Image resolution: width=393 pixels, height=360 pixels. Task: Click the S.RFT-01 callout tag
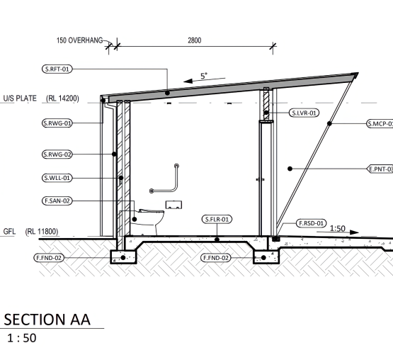point(57,69)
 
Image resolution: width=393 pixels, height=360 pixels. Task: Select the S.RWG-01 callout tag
point(57,123)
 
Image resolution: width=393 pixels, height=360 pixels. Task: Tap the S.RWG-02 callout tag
point(57,154)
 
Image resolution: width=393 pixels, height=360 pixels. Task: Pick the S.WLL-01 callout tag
point(57,178)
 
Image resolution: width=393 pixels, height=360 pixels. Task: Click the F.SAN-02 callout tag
point(57,201)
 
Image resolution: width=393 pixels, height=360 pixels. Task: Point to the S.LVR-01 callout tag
point(304,113)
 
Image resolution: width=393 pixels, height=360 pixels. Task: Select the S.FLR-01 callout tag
point(217,219)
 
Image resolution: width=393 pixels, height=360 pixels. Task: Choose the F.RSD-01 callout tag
point(312,223)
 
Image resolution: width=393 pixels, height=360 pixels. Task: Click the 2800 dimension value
point(195,40)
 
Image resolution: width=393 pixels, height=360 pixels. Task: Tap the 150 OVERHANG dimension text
point(80,40)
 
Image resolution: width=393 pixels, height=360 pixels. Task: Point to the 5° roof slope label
point(204,76)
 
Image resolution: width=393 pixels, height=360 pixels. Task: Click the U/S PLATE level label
point(20,99)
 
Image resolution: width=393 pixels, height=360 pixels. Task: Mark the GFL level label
point(9,231)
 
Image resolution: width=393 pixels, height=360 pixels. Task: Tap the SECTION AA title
point(47,320)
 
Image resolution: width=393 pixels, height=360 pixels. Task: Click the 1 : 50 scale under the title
point(22,338)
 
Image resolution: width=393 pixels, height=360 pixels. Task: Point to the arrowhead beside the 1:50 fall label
point(354,232)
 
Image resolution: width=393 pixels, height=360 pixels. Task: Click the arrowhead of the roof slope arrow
point(188,81)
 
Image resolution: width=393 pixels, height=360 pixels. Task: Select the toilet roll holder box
point(173,205)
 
